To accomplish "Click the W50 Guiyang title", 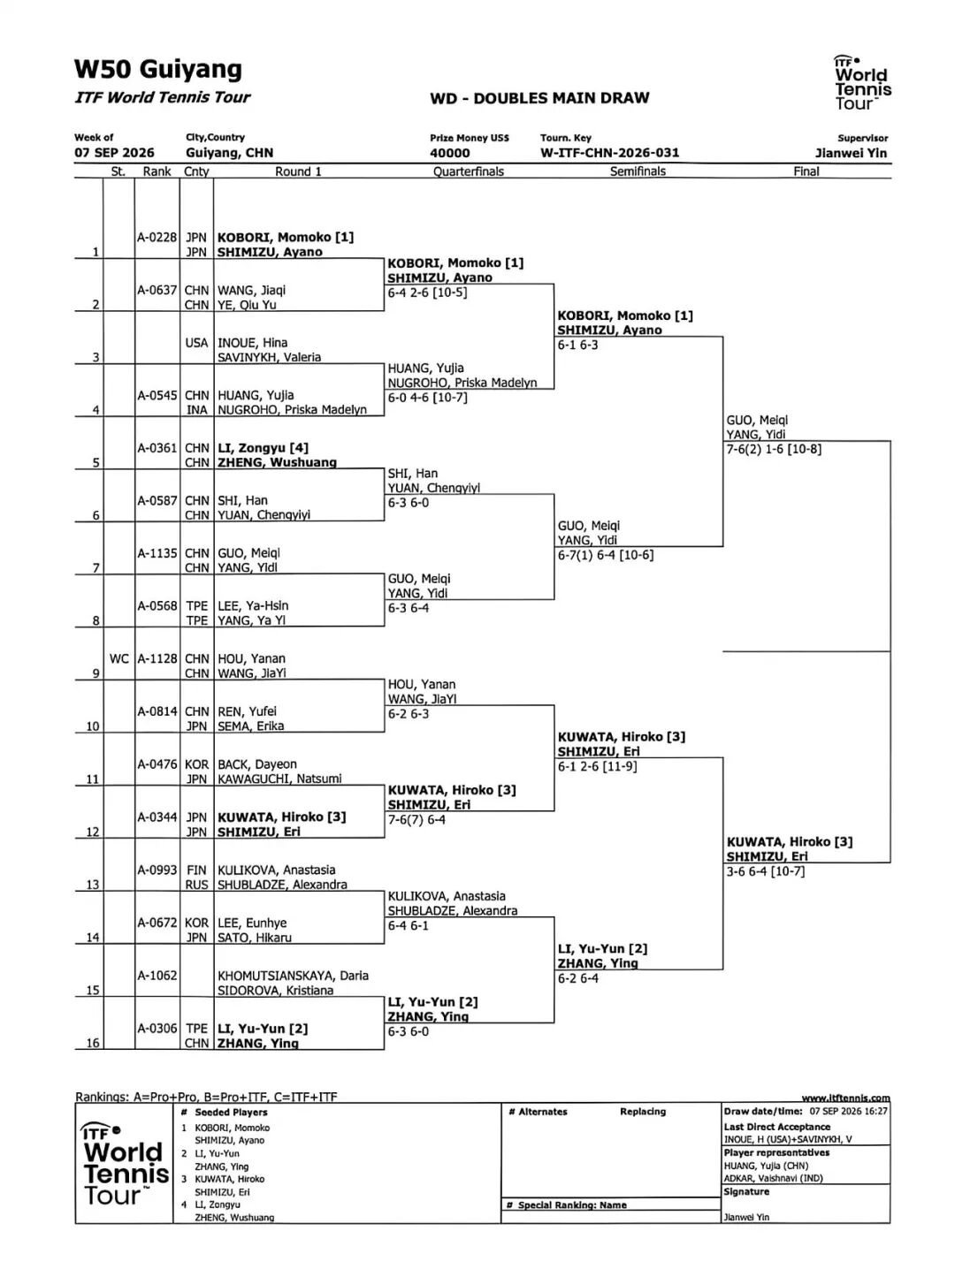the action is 158,70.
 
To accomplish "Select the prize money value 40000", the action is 449,153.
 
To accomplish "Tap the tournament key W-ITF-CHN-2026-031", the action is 609,153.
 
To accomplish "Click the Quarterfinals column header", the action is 469,171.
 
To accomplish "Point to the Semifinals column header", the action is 638,171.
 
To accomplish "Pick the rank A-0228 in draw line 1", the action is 157,237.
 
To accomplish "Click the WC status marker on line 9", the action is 118,658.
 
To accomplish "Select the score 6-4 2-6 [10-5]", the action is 427,292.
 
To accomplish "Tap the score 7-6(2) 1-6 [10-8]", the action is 774,449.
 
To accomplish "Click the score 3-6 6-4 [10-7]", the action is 765,870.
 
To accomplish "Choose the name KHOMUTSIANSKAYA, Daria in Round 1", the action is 293,976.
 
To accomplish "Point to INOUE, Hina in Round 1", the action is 252,343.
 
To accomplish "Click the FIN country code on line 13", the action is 196,870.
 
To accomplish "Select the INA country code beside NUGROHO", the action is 196,410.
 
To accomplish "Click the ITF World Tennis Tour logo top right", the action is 862,82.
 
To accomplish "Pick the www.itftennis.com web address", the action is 845,1098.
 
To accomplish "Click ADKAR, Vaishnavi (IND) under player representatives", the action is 773,1178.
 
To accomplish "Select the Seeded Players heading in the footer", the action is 231,1113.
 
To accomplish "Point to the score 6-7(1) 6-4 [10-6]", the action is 606,555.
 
